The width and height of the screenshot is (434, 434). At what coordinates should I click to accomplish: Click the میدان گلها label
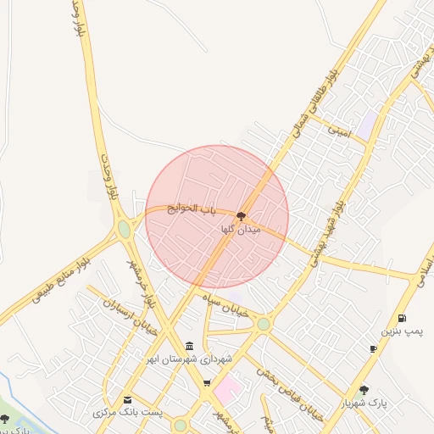click(242, 230)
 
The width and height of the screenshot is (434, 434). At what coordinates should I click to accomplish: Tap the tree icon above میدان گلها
click(242, 216)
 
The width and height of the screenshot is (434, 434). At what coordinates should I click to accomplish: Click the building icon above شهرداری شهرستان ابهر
click(187, 347)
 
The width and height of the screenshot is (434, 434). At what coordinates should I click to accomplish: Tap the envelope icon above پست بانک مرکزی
click(128, 400)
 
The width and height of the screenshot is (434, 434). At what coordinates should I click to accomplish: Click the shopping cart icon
click(206, 384)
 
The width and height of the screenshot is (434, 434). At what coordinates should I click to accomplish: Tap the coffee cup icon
click(373, 348)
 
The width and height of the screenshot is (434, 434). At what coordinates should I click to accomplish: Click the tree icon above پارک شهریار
click(364, 390)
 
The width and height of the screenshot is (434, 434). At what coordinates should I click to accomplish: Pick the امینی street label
click(339, 131)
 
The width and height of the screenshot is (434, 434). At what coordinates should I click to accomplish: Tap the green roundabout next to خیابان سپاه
click(264, 324)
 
